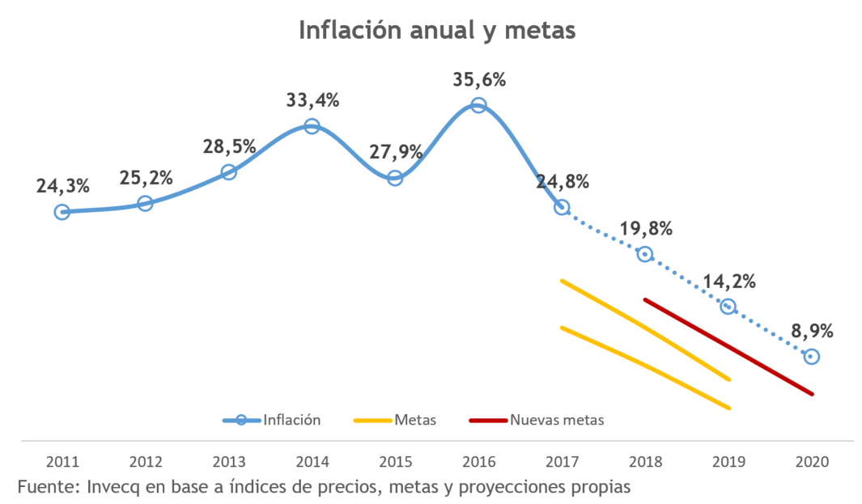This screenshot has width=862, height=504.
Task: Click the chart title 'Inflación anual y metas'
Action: click(x=436, y=30)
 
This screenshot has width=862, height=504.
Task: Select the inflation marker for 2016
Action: click(x=478, y=105)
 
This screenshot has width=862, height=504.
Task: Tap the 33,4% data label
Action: click(x=312, y=101)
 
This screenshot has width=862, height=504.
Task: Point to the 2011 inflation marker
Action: click(x=62, y=212)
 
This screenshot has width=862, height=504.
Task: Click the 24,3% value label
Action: click(x=62, y=186)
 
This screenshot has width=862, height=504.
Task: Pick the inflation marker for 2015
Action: click(x=395, y=178)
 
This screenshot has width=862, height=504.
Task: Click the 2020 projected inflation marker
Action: click(x=811, y=357)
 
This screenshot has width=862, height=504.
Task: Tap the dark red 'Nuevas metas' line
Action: click(x=728, y=346)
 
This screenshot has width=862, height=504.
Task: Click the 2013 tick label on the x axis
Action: click(x=229, y=462)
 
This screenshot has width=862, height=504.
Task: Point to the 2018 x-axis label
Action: click(x=645, y=462)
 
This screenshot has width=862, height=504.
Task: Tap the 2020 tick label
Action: click(x=812, y=462)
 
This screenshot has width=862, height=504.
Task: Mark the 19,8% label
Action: click(x=646, y=229)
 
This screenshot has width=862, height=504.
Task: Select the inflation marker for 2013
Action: click(x=228, y=172)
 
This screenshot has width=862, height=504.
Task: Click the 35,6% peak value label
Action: click(x=479, y=80)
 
